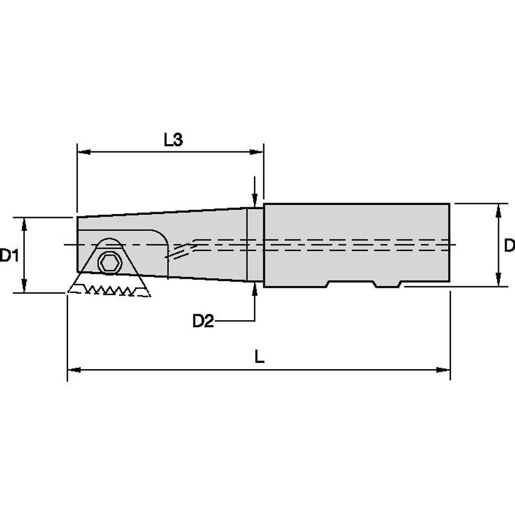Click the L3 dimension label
tap(173, 140)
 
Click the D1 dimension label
tap(8, 256)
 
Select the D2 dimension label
tap(203, 321)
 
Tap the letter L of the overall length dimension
tap(259, 356)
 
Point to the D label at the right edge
tap(509, 245)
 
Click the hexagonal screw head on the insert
tap(109, 262)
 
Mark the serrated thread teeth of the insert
tap(109, 290)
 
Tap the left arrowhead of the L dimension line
tap(72, 369)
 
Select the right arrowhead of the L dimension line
tap(445, 369)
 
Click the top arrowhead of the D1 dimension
tap(24, 223)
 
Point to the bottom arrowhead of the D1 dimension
tap(24, 287)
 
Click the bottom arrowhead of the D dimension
tap(498, 281)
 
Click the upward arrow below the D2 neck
tap(256, 288)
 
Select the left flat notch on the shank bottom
tap(350, 284)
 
